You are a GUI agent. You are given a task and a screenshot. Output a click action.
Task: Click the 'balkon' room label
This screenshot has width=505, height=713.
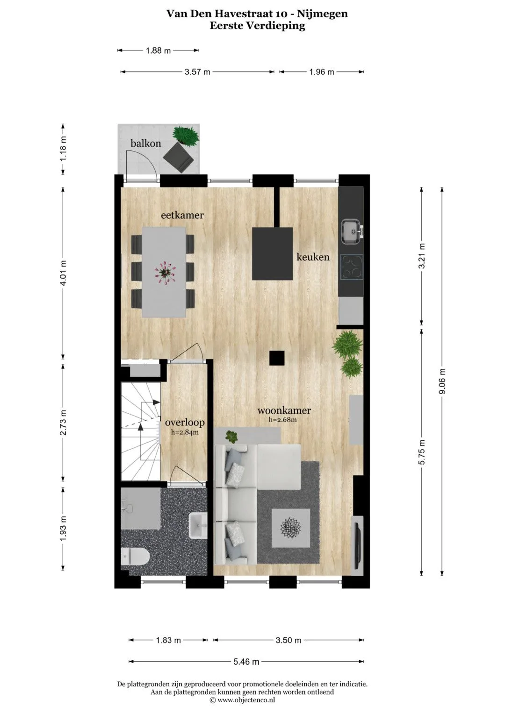[x=146, y=143]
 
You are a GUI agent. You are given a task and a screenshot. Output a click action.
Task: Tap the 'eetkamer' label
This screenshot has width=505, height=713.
[x=182, y=215]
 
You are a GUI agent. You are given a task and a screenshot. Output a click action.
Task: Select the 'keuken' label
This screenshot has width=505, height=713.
[x=313, y=257]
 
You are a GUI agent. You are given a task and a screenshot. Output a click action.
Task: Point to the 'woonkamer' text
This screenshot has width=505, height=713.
[x=284, y=410]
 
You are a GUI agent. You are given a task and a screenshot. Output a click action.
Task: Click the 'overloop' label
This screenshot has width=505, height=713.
[x=185, y=423]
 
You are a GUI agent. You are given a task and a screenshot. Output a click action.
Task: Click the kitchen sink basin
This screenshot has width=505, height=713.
[x=352, y=232]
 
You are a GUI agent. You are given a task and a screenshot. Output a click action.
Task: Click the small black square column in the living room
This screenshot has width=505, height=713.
[x=277, y=358]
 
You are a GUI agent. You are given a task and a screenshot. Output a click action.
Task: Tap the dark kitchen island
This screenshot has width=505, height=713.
[x=273, y=254]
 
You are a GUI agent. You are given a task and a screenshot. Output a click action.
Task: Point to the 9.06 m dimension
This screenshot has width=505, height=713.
[x=442, y=381]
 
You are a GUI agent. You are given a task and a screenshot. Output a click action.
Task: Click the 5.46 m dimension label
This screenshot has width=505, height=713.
[x=246, y=662]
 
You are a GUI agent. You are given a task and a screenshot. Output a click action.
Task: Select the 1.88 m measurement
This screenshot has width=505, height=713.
[x=159, y=50]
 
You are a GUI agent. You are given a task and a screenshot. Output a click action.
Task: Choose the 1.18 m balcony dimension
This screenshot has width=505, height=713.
[x=63, y=148]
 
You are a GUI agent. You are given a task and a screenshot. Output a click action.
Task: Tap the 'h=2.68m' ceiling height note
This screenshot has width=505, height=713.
[x=283, y=420]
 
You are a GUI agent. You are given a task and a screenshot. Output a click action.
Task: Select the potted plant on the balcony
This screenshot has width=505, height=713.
[x=186, y=136]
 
